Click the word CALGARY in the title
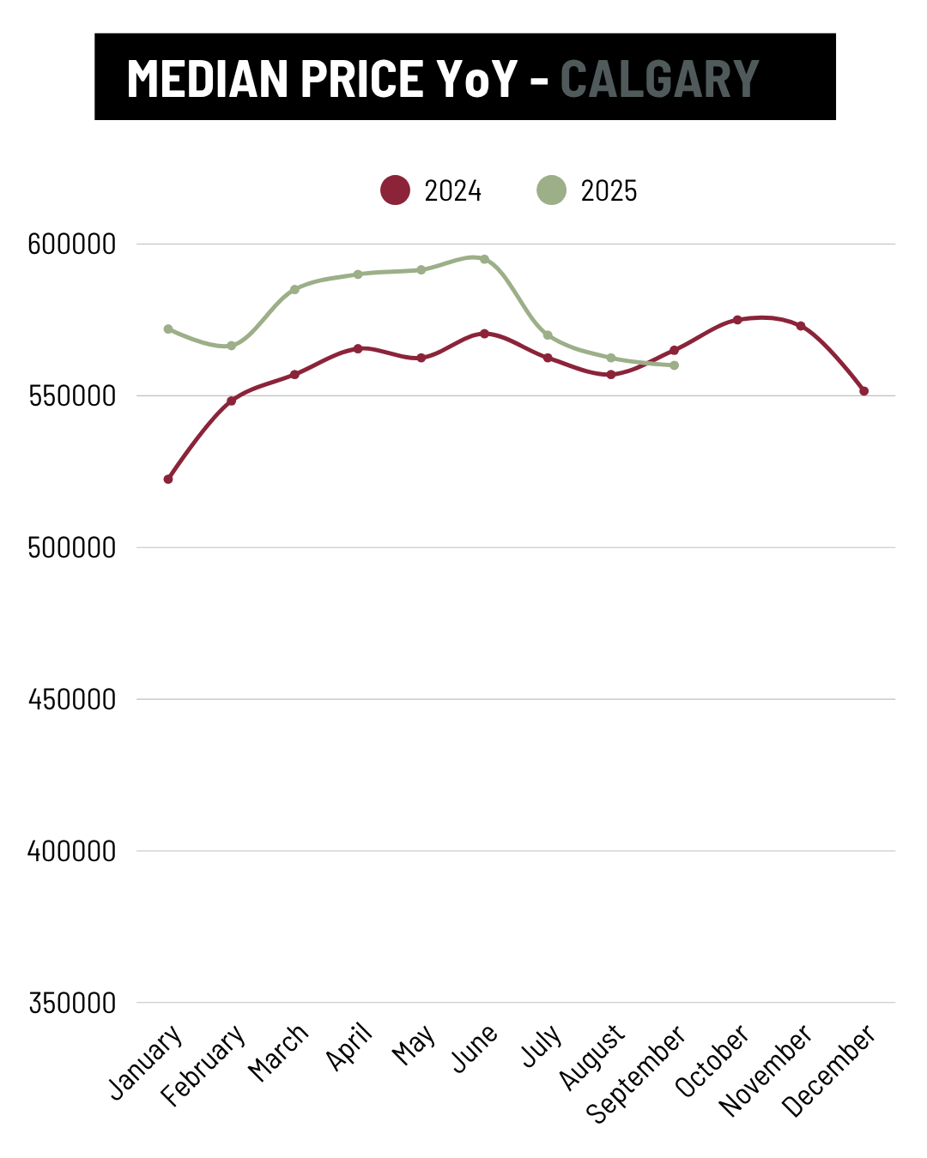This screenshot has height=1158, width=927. pyautogui.click(x=659, y=79)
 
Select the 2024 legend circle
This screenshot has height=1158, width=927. pyautogui.click(x=396, y=190)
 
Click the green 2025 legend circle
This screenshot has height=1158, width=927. pyautogui.click(x=552, y=190)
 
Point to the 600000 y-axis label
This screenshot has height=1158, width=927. pyautogui.click(x=72, y=244)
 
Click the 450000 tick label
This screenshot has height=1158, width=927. pyautogui.click(x=72, y=699)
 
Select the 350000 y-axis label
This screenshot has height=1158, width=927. pyautogui.click(x=72, y=1003)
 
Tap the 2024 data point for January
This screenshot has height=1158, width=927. pyautogui.click(x=168, y=479)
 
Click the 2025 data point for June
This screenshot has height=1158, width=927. pyautogui.click(x=484, y=259)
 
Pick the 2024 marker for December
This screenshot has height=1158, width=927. pyautogui.click(x=864, y=391)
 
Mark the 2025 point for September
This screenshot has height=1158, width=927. pyautogui.click(x=675, y=365)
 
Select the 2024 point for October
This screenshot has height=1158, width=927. pyautogui.click(x=737, y=320)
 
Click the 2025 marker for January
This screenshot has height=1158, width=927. pyautogui.click(x=168, y=329)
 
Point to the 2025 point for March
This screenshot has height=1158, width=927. pyautogui.click(x=294, y=289)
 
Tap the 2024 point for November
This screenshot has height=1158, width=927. pyautogui.click(x=801, y=326)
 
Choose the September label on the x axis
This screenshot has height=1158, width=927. pyautogui.click(x=636, y=1073)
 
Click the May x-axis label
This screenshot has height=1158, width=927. pyautogui.click(x=414, y=1046)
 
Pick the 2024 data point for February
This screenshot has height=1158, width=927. pyautogui.click(x=231, y=401)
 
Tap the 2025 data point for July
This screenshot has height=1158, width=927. pyautogui.click(x=548, y=335)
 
